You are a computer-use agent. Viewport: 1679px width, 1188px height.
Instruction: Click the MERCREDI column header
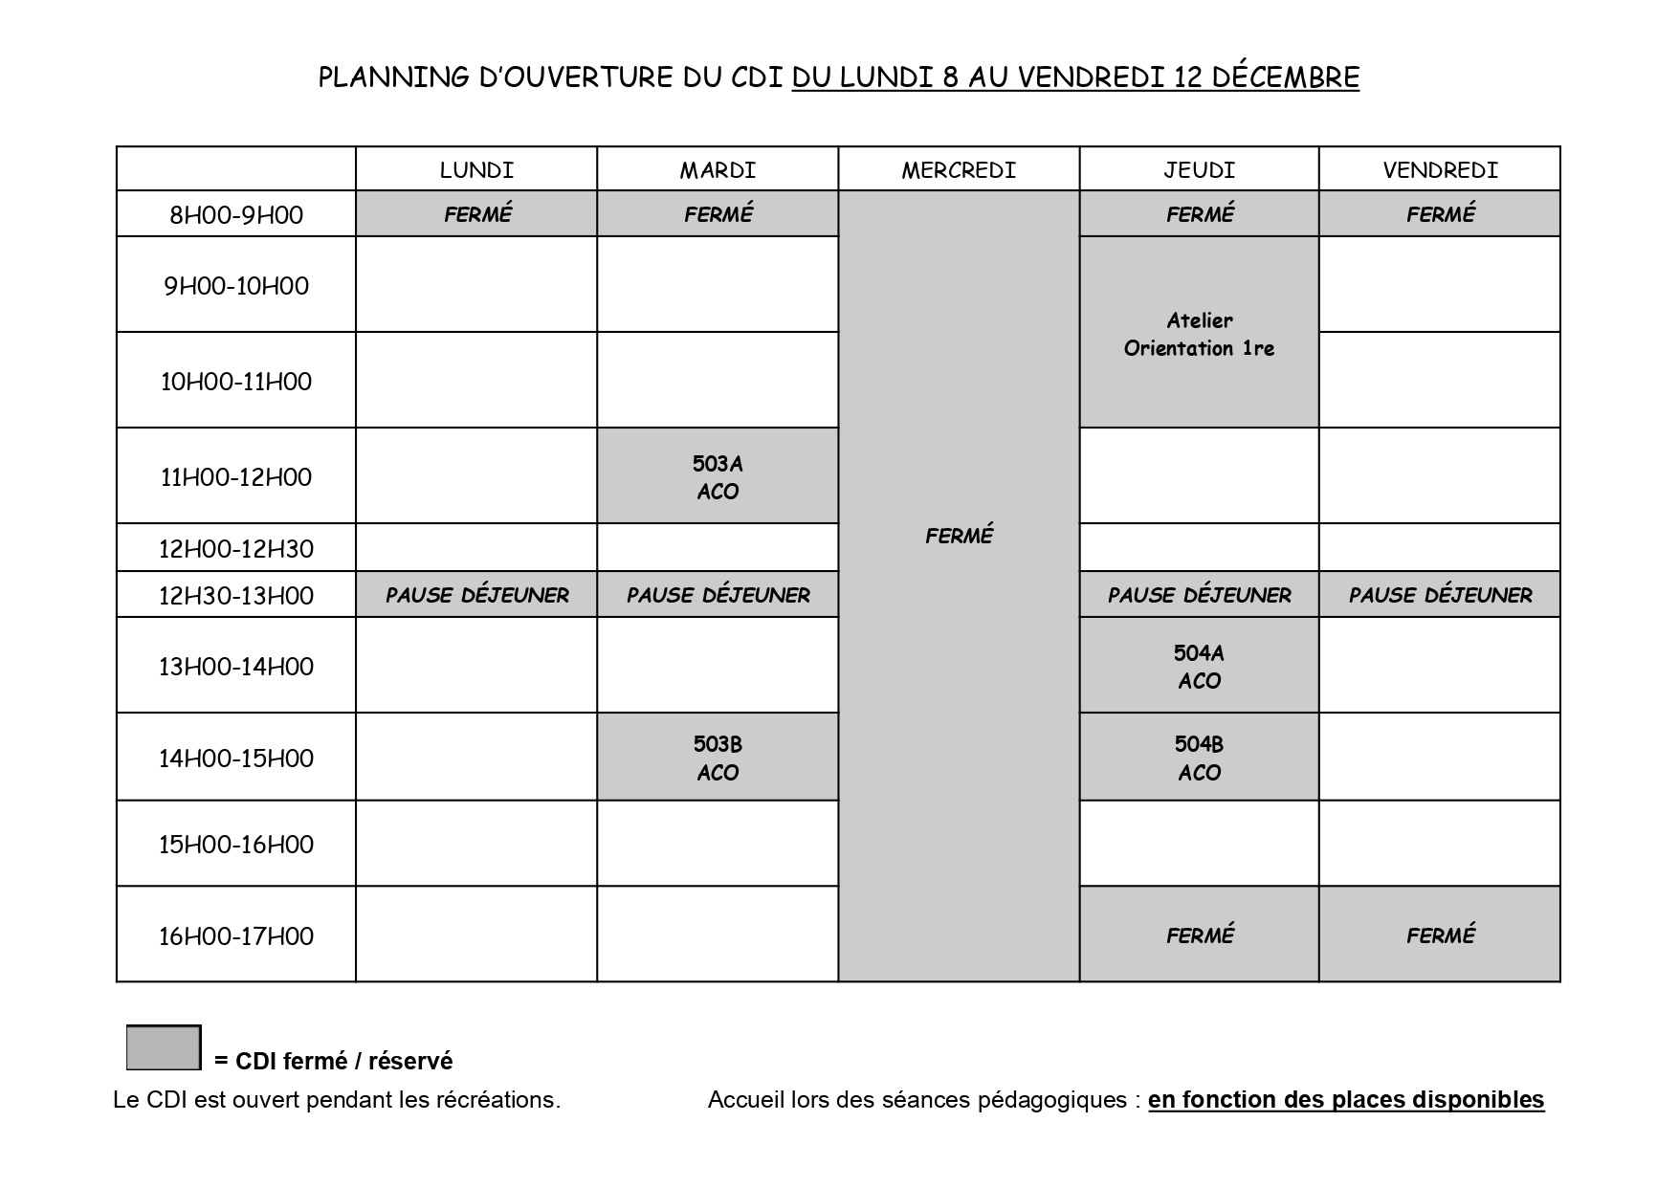[959, 170]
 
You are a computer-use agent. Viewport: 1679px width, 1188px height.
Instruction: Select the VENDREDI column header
[1440, 170]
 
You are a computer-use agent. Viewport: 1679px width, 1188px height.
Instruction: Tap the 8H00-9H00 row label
[236, 214]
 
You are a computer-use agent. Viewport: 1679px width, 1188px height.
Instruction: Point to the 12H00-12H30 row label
[236, 549]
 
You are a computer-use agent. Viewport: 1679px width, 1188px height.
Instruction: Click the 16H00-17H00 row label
[236, 936]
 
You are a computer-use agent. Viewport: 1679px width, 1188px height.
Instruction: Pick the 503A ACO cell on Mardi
[718, 477]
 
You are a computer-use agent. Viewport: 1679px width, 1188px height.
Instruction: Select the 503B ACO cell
[718, 758]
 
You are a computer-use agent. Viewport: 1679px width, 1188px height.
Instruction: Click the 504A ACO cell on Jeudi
[1199, 667]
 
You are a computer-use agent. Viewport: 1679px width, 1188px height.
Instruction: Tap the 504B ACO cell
[1199, 758]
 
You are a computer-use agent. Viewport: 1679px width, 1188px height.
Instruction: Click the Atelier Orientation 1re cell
[1199, 334]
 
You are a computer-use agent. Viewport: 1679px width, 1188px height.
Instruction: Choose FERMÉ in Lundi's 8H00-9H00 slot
[477, 214]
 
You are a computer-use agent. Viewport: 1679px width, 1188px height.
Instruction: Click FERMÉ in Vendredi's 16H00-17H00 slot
[1440, 935]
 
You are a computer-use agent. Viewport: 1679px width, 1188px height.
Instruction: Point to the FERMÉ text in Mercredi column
[959, 537]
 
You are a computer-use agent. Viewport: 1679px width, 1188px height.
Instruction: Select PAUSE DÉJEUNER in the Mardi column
[718, 596]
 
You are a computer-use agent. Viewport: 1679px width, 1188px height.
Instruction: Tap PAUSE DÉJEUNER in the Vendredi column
[1440, 596]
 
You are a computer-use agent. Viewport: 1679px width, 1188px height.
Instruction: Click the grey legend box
[164, 1047]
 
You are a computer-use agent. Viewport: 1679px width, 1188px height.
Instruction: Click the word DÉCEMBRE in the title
[1285, 77]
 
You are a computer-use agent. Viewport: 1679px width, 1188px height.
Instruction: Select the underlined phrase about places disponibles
[1346, 1100]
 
